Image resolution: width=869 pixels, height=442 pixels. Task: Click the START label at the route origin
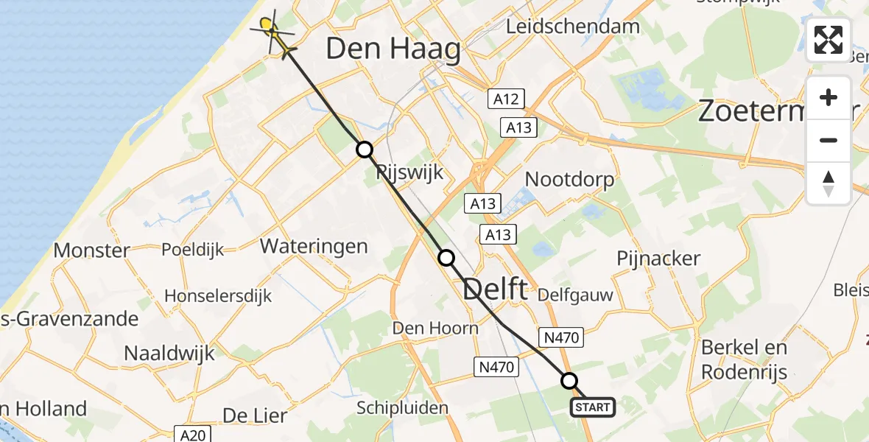coord(593,407)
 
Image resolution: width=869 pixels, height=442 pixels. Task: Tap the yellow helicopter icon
coord(273,32)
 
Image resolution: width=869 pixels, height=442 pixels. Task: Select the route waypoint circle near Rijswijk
coord(365,150)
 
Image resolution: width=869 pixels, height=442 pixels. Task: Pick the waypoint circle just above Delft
coord(446,258)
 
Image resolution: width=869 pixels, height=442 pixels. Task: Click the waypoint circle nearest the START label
coord(569,381)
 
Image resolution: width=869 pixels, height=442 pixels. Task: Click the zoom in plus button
coord(828,97)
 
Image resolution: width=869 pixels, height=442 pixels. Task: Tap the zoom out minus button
coord(828,140)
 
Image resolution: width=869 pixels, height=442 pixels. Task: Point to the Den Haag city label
coord(393,50)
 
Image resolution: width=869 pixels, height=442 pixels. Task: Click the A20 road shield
coord(195,435)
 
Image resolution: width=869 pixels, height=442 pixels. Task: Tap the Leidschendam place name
coord(574,27)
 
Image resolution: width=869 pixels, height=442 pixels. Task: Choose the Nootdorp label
coord(570,179)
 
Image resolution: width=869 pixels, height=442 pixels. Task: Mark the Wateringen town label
coord(314,245)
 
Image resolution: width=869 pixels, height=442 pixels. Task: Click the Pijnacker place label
coord(659,259)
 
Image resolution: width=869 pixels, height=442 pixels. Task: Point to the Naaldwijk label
coord(169,353)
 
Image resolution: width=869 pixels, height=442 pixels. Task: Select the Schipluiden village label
coord(402,407)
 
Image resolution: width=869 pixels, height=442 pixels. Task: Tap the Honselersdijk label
coord(218,296)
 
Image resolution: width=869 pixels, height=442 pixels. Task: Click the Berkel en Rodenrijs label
coord(744,359)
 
